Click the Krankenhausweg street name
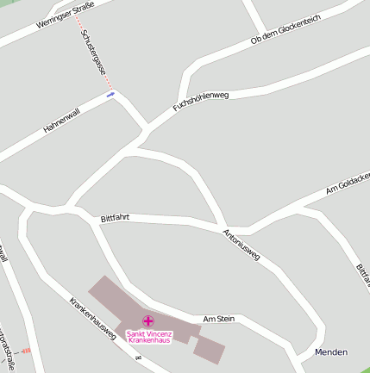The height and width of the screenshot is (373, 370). click(93, 320)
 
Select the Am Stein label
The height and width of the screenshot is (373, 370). click(218, 319)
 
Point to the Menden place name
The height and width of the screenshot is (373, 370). click(331, 352)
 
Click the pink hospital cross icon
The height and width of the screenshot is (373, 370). click(148, 321)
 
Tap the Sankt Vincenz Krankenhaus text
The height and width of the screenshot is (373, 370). click(148, 337)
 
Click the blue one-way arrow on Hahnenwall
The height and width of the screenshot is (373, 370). click(110, 95)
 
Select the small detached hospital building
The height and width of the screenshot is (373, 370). click(209, 349)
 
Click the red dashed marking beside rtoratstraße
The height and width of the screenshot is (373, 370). click(26, 351)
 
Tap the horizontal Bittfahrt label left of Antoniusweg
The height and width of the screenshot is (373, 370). click(115, 218)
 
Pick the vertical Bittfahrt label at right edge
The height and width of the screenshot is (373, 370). click(363, 276)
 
